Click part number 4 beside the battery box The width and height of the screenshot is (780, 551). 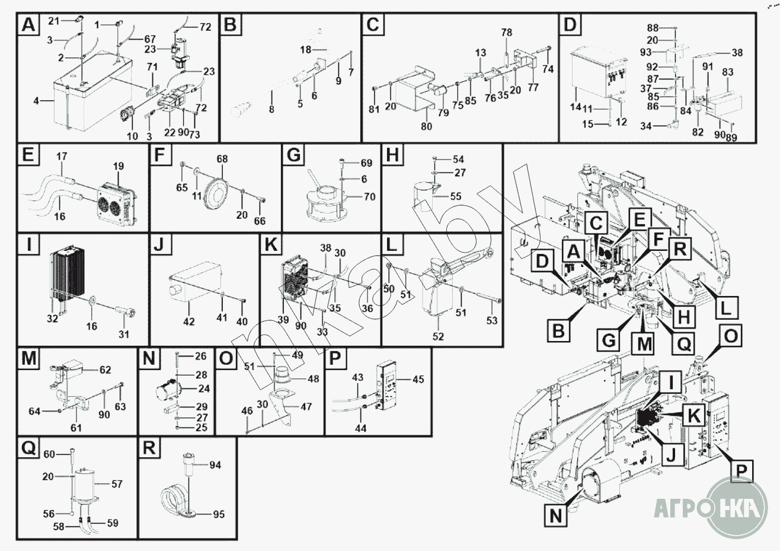coord(36,101)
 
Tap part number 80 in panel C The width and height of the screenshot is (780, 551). coord(427,126)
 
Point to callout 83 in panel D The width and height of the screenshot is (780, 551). coord(728,72)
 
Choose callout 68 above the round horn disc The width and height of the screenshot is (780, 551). coord(222,160)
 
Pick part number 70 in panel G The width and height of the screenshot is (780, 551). coord(370,196)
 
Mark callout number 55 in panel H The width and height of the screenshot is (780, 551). coord(456,196)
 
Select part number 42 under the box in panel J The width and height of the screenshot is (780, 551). coord(188,321)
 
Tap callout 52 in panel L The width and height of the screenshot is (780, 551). coord(439,336)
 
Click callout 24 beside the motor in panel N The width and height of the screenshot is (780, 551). coord(204,389)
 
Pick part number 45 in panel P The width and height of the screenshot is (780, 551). coord(418,380)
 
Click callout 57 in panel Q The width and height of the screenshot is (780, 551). coord(117,484)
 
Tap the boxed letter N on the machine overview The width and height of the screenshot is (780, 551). coord(555,515)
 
